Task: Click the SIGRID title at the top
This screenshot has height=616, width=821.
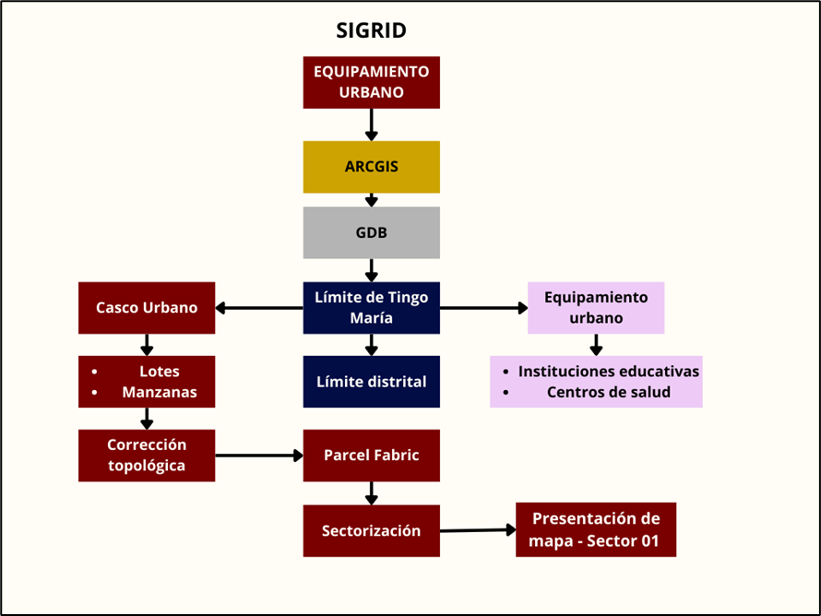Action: tap(371, 30)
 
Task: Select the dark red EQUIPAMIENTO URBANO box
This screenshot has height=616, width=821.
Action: tap(371, 82)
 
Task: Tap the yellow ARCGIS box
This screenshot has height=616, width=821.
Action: tap(371, 167)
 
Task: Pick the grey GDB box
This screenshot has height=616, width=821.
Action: tap(371, 232)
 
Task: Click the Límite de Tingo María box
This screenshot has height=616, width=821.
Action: tap(371, 308)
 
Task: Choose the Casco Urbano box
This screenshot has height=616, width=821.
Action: tap(147, 308)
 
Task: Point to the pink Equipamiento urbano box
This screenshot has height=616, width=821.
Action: tap(596, 308)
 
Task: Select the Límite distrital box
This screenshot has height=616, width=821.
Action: tap(371, 382)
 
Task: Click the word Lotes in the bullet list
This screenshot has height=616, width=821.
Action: tap(160, 372)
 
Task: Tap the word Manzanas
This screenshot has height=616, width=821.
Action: tap(160, 392)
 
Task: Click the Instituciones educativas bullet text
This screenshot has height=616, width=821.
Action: tap(609, 372)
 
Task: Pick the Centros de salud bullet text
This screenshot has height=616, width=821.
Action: tap(609, 392)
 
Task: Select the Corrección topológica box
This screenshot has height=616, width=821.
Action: tap(147, 456)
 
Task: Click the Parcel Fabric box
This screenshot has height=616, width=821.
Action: tap(371, 456)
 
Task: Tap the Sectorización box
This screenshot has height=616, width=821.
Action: tap(371, 530)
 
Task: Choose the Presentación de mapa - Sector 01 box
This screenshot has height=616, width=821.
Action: tap(596, 529)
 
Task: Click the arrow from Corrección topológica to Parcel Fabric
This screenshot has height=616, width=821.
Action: tap(259, 456)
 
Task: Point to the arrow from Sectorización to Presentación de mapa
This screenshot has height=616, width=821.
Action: tap(478, 530)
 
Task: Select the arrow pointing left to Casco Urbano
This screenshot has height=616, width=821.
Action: tap(259, 308)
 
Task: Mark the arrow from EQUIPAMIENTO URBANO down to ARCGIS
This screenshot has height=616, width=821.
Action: tap(371, 124)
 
